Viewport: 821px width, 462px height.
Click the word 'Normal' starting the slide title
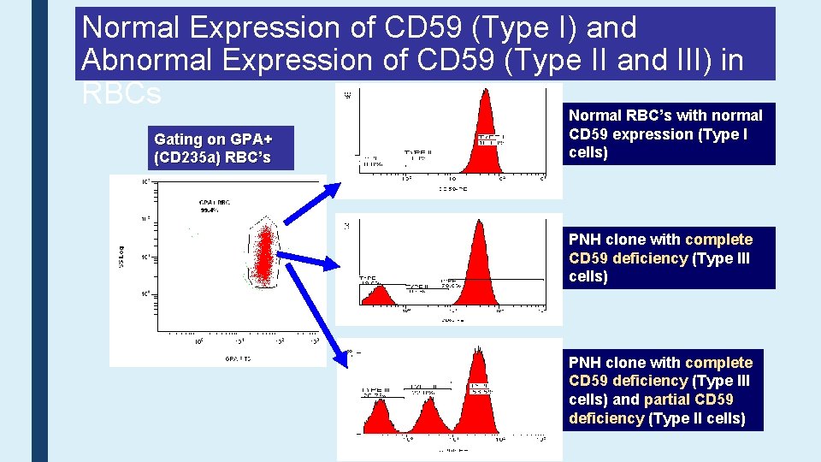click(x=133, y=27)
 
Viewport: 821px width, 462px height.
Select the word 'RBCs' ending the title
click(x=121, y=93)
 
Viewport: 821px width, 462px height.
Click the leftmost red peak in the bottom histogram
click(x=379, y=416)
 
